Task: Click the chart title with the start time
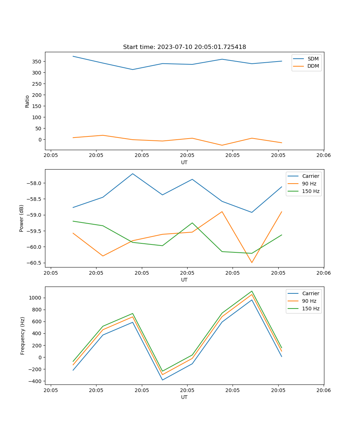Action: (x=184, y=47)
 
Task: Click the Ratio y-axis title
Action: (x=27, y=101)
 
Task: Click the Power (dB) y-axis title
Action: (x=22, y=218)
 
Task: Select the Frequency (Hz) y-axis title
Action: (x=22, y=336)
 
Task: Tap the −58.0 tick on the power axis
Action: (x=35, y=183)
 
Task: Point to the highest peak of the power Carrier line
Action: (x=132, y=174)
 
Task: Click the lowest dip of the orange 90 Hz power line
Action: (x=252, y=262)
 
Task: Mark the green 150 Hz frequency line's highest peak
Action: (x=252, y=291)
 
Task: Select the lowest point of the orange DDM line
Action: (x=222, y=145)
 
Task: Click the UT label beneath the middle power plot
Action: (x=184, y=280)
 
